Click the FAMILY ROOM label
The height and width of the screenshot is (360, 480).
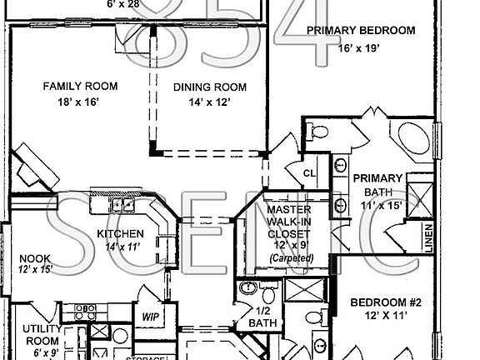80,86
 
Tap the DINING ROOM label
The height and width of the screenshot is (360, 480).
211,87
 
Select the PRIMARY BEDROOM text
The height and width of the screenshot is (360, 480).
360,31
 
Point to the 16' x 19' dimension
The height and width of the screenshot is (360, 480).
360,48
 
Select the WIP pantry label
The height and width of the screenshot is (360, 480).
150,317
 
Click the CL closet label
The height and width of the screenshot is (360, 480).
308,173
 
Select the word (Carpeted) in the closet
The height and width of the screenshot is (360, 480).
291,259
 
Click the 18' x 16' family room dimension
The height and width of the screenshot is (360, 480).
80,102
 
